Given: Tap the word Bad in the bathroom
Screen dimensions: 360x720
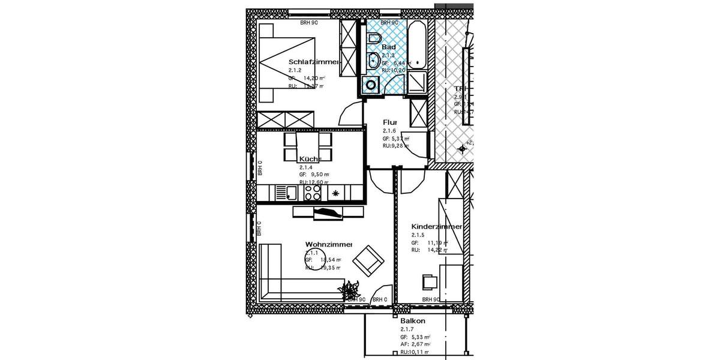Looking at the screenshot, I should (388, 47).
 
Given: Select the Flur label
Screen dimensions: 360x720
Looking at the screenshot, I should (390, 122).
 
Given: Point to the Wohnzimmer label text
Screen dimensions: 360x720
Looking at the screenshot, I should (328, 244).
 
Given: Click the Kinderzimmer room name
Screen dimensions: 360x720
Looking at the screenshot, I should (436, 227).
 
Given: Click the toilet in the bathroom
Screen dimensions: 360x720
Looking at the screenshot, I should (374, 39).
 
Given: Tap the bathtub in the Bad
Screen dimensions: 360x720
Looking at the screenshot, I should (418, 45).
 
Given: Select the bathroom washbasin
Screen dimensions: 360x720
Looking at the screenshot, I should (373, 61).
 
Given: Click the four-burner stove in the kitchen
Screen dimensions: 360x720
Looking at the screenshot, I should (313, 192).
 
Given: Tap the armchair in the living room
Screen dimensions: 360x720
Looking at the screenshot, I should (367, 262).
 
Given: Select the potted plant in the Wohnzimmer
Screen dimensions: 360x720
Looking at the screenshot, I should (349, 292).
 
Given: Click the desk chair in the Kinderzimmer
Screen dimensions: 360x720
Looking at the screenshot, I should (430, 281).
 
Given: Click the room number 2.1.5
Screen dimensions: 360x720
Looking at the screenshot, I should (418, 235).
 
